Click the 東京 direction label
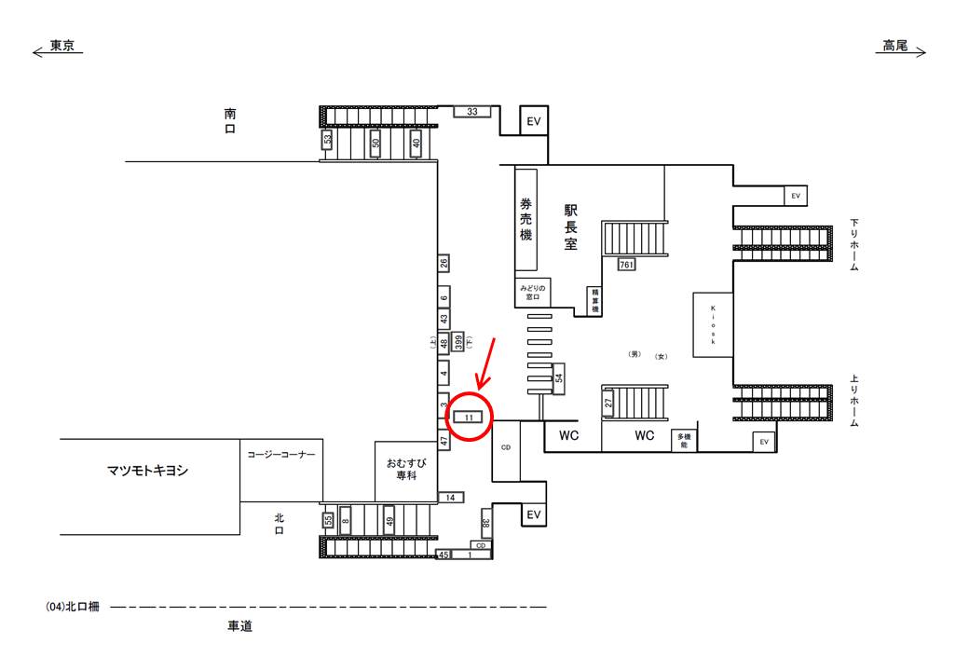[61, 46]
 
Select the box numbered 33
[472, 112]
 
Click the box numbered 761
[626, 265]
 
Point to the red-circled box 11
[470, 417]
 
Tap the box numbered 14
[450, 498]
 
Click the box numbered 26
[444, 263]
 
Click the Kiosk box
[713, 325]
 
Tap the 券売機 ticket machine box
[526, 219]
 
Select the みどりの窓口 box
[534, 293]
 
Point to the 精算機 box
[594, 299]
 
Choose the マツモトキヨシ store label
[148, 471]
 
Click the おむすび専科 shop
[406, 468]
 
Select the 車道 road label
[240, 627]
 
